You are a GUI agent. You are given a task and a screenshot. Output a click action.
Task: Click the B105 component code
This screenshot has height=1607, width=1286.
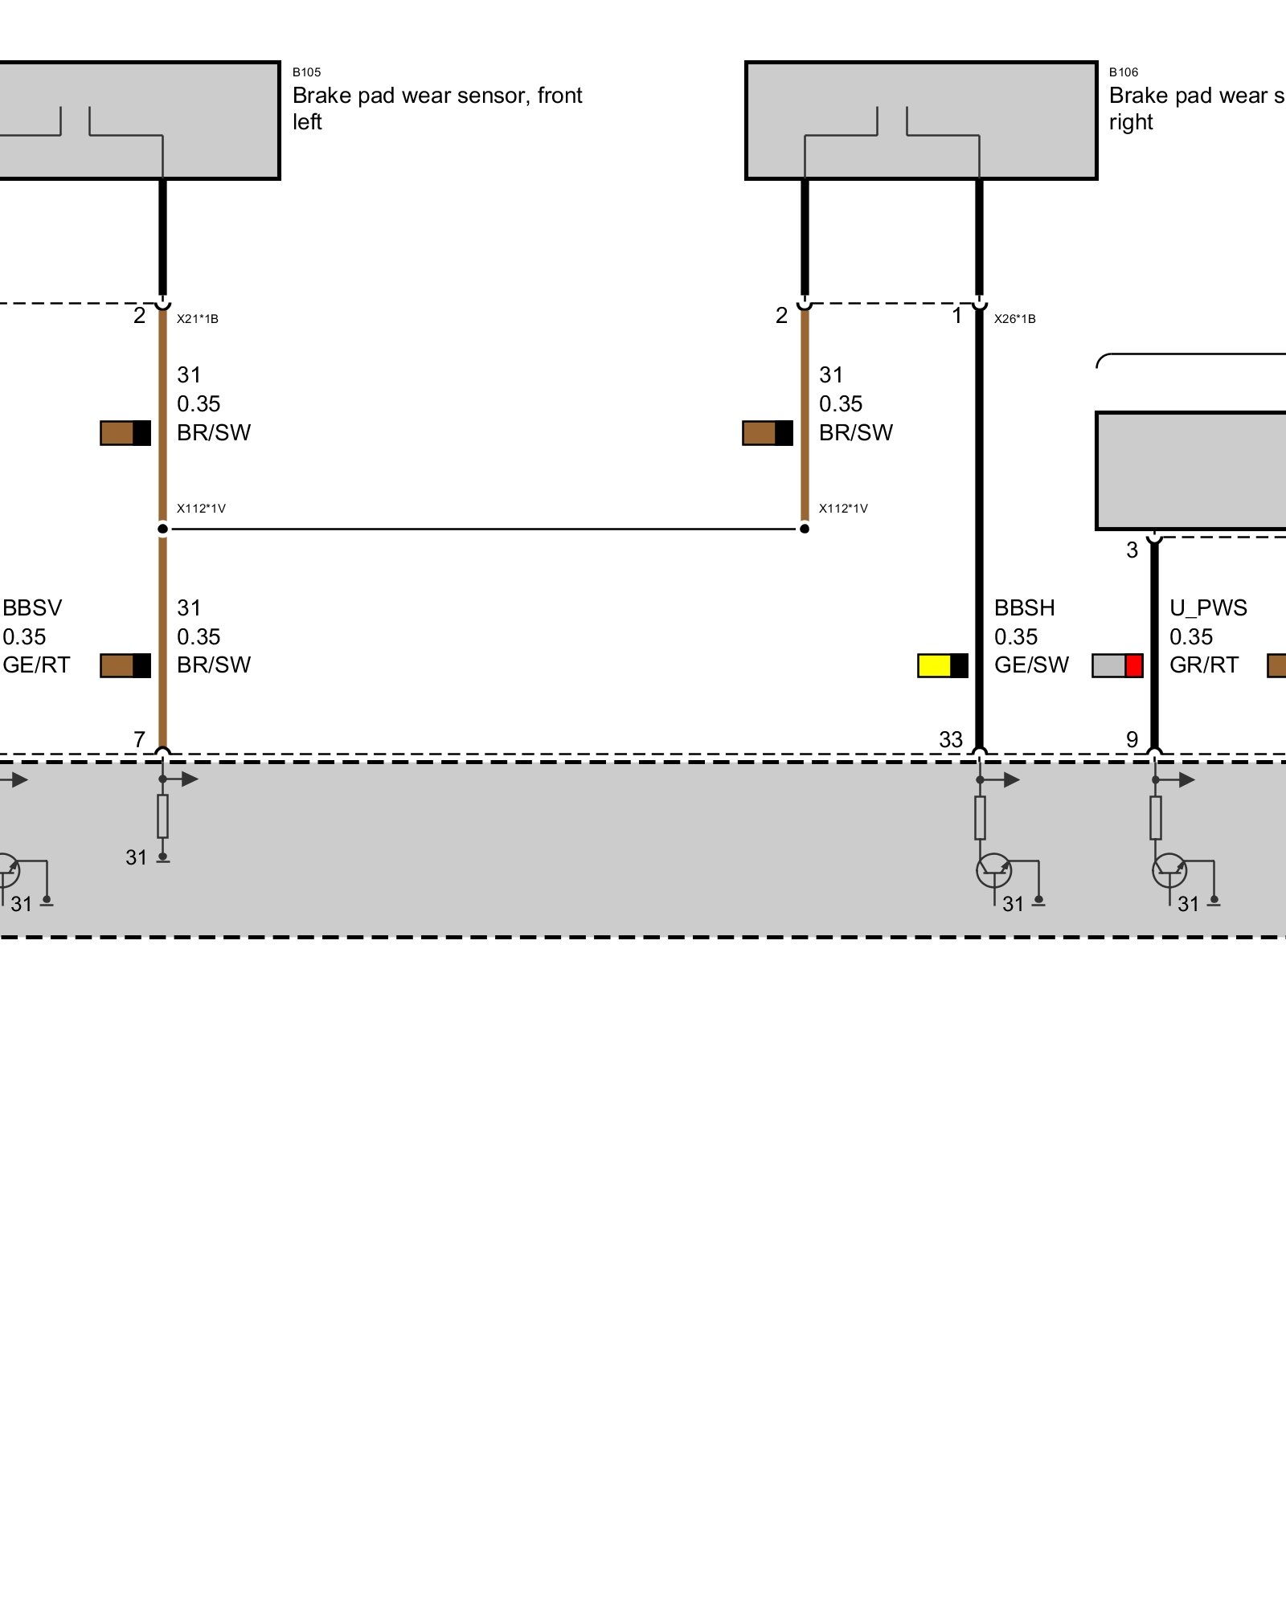(306, 72)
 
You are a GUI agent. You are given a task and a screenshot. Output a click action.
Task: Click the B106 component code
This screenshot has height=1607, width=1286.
(1123, 72)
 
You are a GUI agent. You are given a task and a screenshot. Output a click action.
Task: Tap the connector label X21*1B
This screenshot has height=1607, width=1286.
(198, 319)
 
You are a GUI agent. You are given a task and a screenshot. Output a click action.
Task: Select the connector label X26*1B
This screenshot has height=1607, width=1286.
(1014, 319)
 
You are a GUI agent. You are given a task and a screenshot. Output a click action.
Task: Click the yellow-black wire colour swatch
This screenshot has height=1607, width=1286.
(943, 665)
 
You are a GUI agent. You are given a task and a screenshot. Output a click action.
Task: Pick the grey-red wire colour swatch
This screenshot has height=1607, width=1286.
(1117, 665)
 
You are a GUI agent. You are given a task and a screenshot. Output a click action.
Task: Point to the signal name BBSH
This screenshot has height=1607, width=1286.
(1024, 608)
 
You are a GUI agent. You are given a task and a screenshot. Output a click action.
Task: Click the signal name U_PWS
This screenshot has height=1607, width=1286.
(1208, 608)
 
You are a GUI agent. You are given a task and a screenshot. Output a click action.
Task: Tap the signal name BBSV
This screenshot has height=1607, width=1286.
(32, 608)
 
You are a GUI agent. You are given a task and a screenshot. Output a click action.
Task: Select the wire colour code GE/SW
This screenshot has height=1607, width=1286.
(1031, 665)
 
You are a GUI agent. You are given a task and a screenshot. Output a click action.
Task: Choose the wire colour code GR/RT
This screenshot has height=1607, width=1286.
(1203, 665)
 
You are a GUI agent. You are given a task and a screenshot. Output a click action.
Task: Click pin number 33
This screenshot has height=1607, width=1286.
(951, 740)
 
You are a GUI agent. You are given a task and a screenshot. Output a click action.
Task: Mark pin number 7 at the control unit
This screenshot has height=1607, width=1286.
(139, 740)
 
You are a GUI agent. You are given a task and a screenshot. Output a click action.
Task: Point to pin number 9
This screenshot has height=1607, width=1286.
(1132, 740)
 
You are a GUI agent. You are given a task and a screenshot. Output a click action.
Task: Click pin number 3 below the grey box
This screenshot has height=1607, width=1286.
(1132, 550)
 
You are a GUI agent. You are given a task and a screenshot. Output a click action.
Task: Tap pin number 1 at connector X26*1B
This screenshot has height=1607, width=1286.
(956, 316)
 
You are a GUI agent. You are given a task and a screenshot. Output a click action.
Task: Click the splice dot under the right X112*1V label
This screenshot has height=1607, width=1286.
(805, 529)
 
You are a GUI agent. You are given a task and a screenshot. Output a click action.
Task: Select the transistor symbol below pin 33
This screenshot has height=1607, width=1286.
(994, 871)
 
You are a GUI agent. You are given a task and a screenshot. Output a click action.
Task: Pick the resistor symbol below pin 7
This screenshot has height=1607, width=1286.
(162, 816)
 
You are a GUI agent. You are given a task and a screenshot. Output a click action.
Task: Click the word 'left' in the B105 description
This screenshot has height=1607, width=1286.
(307, 122)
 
